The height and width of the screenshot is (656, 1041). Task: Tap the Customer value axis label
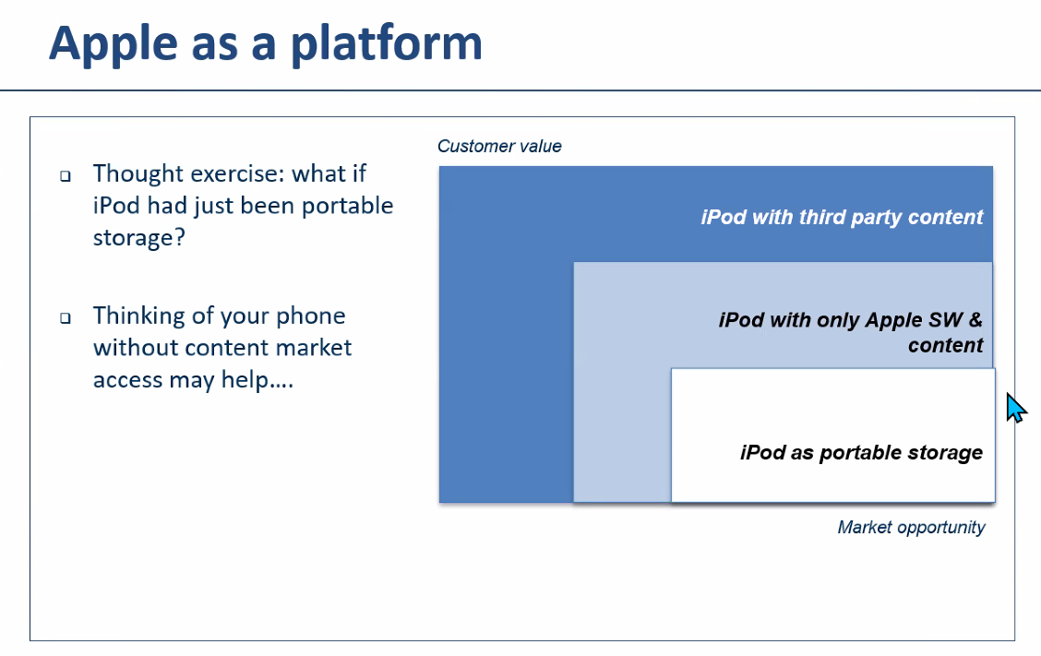click(499, 146)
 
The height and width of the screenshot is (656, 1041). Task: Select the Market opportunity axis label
click(911, 527)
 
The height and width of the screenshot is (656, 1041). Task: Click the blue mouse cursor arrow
click(1016, 408)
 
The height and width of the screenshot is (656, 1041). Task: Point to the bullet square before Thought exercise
click(65, 176)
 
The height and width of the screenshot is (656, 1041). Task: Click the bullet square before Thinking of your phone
click(65, 318)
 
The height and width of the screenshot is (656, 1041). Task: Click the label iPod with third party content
click(842, 217)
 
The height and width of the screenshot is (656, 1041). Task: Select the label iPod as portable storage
click(861, 452)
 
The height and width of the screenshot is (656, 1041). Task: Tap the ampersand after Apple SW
click(975, 319)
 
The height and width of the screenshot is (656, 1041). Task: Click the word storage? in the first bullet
click(138, 238)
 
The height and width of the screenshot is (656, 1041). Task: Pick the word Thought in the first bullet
click(138, 173)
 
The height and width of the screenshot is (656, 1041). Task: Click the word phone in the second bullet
click(311, 316)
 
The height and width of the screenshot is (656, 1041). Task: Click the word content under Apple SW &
click(945, 345)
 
